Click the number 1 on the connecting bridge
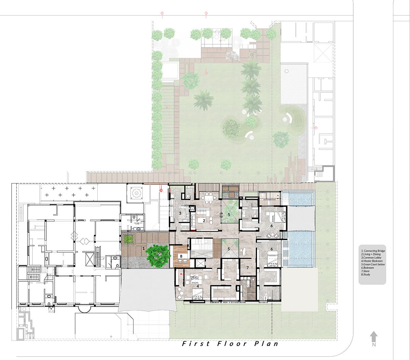click(144, 249)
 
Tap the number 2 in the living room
click(204, 221)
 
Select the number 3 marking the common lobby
click(180, 213)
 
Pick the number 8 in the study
click(181, 255)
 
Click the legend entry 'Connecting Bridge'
click(373, 251)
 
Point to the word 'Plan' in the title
click(266, 344)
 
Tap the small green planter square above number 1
click(128, 239)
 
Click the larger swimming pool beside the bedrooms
click(301, 249)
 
